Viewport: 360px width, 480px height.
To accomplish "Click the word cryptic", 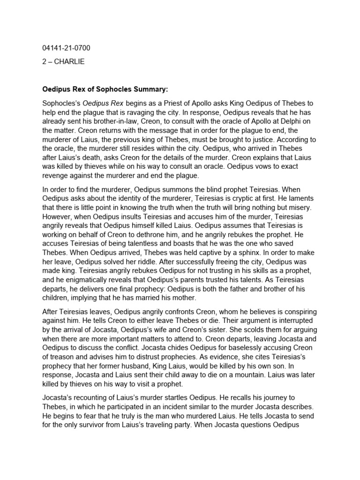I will [240, 199].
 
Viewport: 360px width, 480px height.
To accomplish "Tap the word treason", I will [60, 356].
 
